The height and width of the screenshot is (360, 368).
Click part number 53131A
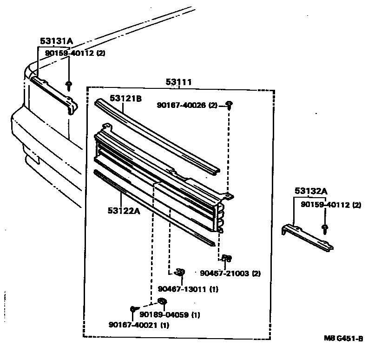pyautogui.click(x=56, y=41)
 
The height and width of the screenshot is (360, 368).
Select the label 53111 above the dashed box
pyautogui.click(x=179, y=82)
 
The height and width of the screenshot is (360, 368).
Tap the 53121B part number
pyautogui.click(x=125, y=98)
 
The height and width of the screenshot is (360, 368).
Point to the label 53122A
pyautogui.click(x=124, y=210)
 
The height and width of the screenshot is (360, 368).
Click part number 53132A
pyautogui.click(x=311, y=191)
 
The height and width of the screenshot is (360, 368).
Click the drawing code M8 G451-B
pyautogui.click(x=343, y=339)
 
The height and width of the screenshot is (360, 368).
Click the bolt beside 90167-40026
pyautogui.click(x=229, y=104)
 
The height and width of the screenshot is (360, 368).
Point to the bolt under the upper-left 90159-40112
pyautogui.click(x=69, y=85)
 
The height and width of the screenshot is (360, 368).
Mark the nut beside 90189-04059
pyautogui.click(x=162, y=301)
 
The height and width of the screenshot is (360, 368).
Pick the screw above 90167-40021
pyautogui.click(x=133, y=308)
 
